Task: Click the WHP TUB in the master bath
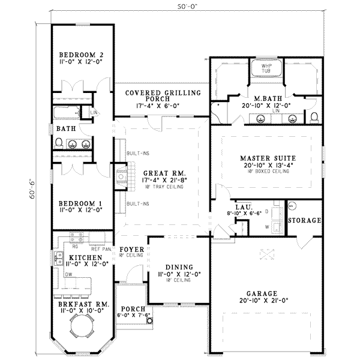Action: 265,68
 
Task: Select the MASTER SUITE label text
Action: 265,158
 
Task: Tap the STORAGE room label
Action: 304,221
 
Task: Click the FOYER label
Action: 130,248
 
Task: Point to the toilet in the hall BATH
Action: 59,142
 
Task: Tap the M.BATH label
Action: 265,98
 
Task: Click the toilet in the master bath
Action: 314,115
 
